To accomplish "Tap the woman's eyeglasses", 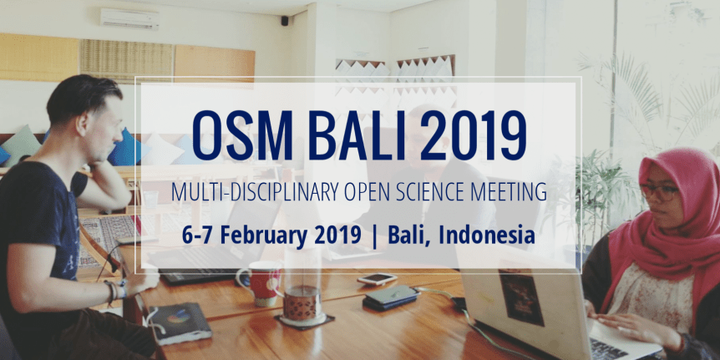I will pyautogui.click(x=659, y=191).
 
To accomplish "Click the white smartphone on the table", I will pyautogui.click(x=377, y=278).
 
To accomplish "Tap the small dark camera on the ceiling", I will pyautogui.click(x=284, y=20).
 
